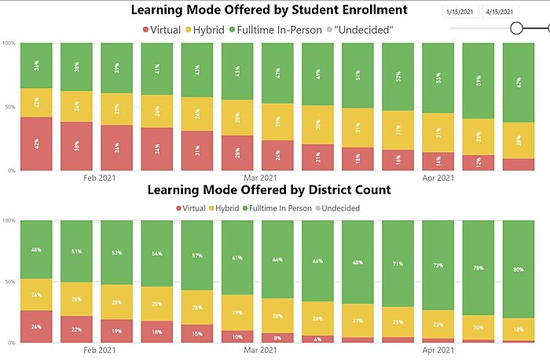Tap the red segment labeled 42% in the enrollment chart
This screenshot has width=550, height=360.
[36, 143]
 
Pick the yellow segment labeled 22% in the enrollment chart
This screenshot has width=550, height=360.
[36, 102]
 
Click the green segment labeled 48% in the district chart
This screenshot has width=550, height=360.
[36, 249]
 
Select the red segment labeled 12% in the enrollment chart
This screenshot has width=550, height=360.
[477, 162]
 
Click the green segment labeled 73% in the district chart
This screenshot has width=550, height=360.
[437, 265]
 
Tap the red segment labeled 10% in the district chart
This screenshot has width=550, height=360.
[236, 336]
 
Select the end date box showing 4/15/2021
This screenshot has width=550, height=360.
[500, 12]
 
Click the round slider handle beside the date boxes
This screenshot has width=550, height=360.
[517, 28]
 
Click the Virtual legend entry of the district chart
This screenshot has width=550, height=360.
[189, 208]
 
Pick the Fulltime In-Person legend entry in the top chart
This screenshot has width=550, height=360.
[276, 29]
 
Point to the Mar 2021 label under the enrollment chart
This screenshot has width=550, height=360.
[259, 178]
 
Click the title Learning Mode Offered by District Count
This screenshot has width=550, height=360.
[269, 190]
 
